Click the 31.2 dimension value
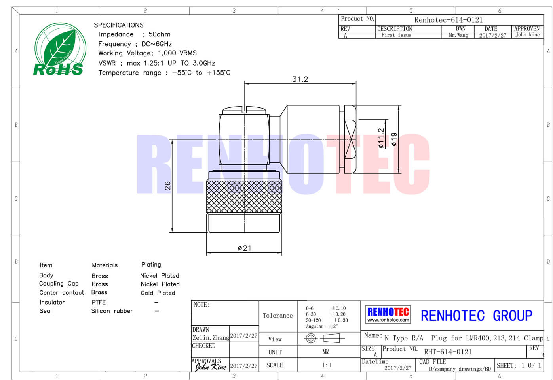pyautogui.click(x=300, y=79)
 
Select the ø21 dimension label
pyautogui.click(x=244, y=248)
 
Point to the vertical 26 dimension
pyautogui.click(x=167, y=185)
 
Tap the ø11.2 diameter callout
pyautogui.click(x=381, y=138)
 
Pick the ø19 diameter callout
pyautogui.click(x=394, y=139)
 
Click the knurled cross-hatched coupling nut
pyautogui.click(x=244, y=196)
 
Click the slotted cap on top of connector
pyautogui.click(x=244, y=110)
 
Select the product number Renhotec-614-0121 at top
pyautogui.click(x=448, y=20)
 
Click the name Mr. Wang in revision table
pyautogui.click(x=458, y=35)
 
